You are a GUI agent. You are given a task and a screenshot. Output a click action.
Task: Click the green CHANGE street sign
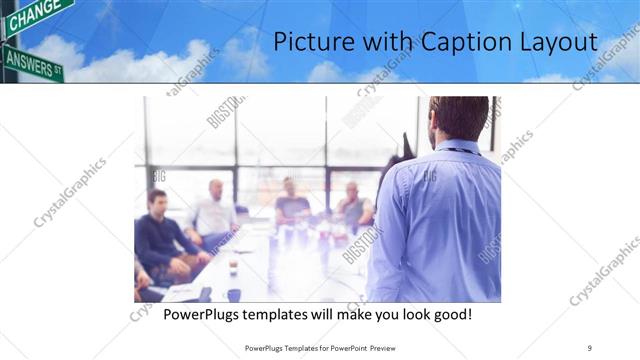tap(34, 14)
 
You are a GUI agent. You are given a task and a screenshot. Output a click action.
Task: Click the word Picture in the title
tap(309, 43)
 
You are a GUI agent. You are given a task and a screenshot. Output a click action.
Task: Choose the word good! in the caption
tap(448, 315)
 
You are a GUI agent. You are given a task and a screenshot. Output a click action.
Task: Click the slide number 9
tap(589, 347)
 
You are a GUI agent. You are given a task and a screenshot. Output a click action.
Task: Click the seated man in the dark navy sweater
tap(159, 236)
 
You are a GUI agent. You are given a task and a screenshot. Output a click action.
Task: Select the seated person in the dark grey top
tap(291, 205)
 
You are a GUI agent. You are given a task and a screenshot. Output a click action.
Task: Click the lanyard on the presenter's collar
tap(462, 150)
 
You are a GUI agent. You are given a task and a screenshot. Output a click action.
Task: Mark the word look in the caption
tap(409, 315)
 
